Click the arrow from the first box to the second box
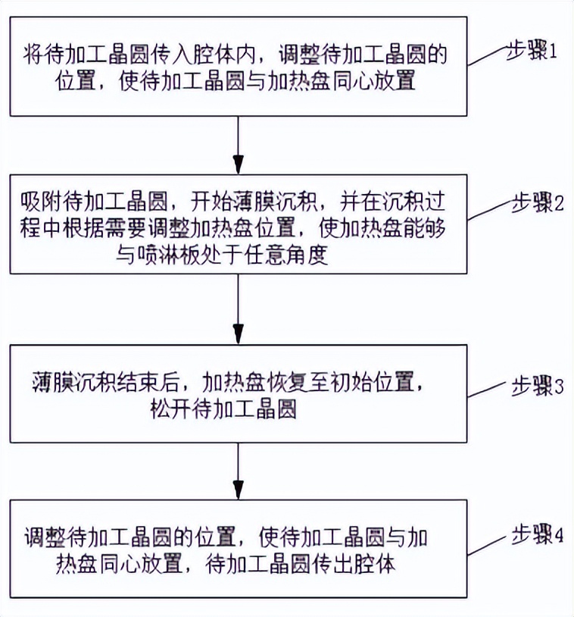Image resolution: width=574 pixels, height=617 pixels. click(239, 144)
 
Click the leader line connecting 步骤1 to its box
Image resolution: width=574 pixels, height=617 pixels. click(488, 56)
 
